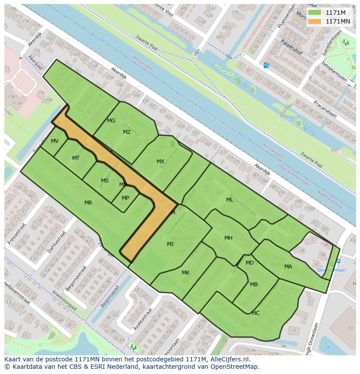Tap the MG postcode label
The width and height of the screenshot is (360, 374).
click(x=111, y=121)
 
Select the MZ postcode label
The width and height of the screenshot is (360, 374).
click(x=127, y=132)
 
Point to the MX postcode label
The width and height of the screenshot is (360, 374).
click(x=160, y=162)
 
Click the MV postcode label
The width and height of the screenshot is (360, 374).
click(x=55, y=141)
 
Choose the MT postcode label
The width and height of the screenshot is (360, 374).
click(x=76, y=158)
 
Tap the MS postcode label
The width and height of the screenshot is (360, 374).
click(x=105, y=181)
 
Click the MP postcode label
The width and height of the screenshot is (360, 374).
click(x=125, y=198)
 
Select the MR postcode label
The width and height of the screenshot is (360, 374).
click(x=88, y=203)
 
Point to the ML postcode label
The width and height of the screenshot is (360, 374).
click(x=230, y=200)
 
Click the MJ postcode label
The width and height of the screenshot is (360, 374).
click(x=170, y=244)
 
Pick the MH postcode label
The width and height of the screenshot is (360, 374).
click(x=228, y=238)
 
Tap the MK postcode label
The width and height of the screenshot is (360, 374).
click(x=186, y=273)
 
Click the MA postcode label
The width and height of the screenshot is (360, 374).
click(x=288, y=267)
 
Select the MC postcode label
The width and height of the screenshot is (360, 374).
click(x=256, y=313)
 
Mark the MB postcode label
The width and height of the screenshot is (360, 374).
click(x=254, y=285)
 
